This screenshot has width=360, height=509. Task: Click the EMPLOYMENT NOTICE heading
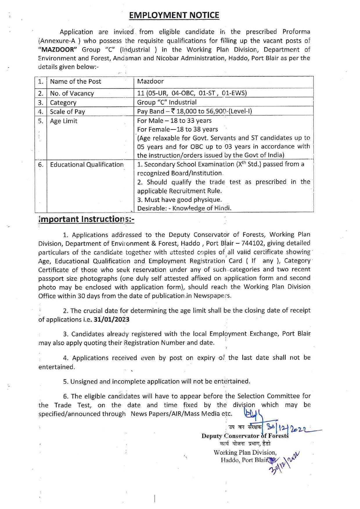pyautogui.click(x=174, y=15)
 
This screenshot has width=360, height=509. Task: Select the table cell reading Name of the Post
pyautogui.click(x=75, y=82)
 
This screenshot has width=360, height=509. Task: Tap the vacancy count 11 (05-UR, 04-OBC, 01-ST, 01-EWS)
pyautogui.click(x=192, y=93)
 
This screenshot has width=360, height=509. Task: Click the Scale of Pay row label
pyautogui.click(x=67, y=112)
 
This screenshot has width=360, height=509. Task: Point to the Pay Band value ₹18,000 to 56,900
pyautogui.click(x=195, y=111)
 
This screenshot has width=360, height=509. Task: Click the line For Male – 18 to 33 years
pyautogui.click(x=174, y=121)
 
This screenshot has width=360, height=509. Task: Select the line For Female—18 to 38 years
pyautogui.click(x=177, y=129)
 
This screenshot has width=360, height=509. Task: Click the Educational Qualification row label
pyautogui.click(x=87, y=165)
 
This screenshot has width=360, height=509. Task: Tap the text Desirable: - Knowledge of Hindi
pyautogui.click(x=184, y=208)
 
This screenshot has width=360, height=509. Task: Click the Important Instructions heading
pyautogui.click(x=86, y=219)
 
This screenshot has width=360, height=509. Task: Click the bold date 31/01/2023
pyautogui.click(x=112, y=320)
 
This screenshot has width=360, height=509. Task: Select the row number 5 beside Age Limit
pyautogui.click(x=40, y=121)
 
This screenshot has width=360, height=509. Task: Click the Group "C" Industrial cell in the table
pyautogui.click(x=167, y=102)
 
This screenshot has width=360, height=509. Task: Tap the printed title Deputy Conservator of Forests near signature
pyautogui.click(x=245, y=436)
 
